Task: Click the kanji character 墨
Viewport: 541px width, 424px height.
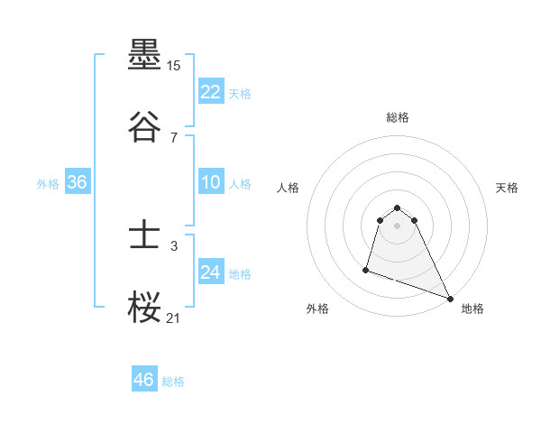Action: tap(144, 57)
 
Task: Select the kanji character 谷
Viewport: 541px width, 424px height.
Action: tap(144, 125)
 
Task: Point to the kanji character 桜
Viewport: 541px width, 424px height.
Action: tap(144, 306)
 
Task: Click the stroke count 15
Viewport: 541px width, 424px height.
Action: tap(174, 67)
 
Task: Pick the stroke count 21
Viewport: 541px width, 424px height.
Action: tap(174, 317)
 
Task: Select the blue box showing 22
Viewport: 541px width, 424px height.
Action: tap(210, 92)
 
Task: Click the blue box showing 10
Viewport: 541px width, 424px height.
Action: tap(210, 182)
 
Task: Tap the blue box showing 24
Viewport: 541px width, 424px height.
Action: tap(210, 272)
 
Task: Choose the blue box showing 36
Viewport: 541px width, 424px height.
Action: tap(77, 182)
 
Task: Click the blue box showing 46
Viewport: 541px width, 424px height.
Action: tap(144, 380)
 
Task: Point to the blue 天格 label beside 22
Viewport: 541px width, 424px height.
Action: tap(240, 94)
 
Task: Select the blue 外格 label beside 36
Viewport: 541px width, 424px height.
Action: tap(48, 184)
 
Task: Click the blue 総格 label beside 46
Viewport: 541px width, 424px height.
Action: tap(173, 382)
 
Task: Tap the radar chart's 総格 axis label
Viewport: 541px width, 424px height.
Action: tap(398, 117)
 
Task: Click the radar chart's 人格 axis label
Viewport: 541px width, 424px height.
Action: tap(289, 188)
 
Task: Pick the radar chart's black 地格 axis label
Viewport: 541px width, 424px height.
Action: tap(472, 309)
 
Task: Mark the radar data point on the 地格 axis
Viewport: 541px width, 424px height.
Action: tap(450, 299)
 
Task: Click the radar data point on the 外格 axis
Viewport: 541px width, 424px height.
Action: tap(366, 269)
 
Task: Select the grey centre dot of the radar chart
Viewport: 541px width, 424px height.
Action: tap(398, 226)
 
